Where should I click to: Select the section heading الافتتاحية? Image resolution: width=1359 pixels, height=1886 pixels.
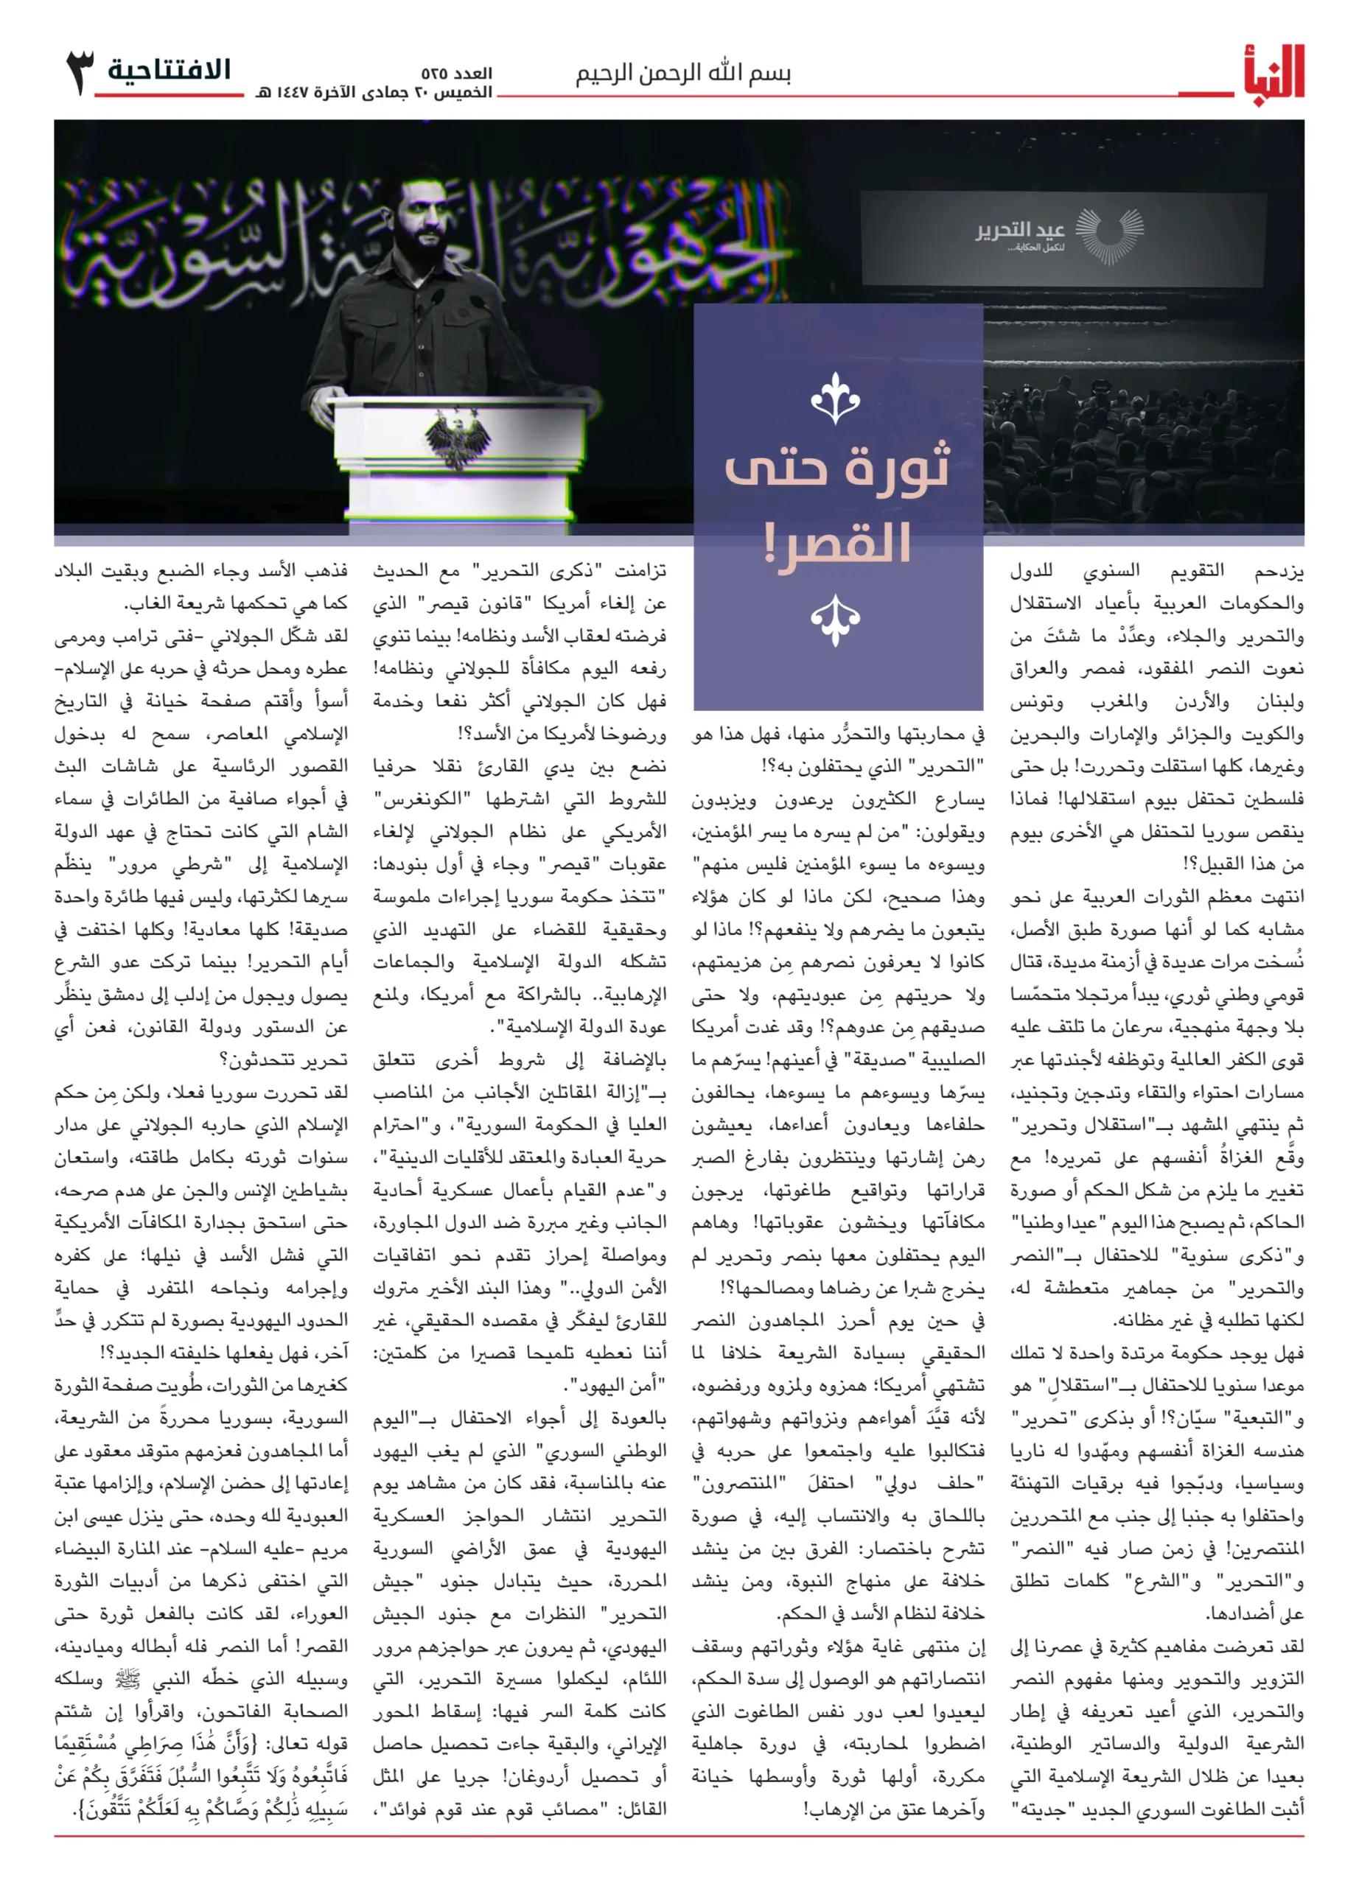click(170, 70)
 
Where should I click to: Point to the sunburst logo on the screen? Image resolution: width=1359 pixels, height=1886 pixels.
click(1109, 235)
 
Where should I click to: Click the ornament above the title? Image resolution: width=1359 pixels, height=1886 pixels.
click(835, 399)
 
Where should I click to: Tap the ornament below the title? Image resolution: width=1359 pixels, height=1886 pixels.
click(835, 620)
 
